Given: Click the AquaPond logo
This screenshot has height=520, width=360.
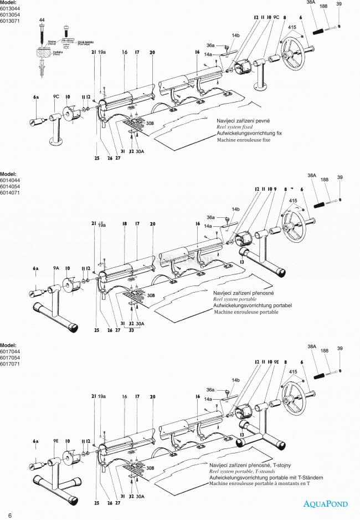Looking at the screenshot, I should [325, 504].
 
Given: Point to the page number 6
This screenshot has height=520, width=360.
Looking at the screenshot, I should [9, 515].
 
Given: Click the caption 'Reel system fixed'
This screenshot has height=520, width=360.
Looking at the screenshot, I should [235, 127].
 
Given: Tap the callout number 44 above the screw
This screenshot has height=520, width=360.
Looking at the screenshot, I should [42, 20].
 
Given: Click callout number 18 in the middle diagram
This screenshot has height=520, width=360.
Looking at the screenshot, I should [125, 224].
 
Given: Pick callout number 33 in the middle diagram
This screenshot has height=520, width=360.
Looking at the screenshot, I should [132, 330].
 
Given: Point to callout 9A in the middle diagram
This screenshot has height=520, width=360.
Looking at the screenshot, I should [56, 268].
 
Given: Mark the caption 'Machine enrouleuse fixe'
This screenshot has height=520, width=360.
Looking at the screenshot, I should [243, 140].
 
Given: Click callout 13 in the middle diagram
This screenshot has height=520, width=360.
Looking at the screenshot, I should [241, 259].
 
